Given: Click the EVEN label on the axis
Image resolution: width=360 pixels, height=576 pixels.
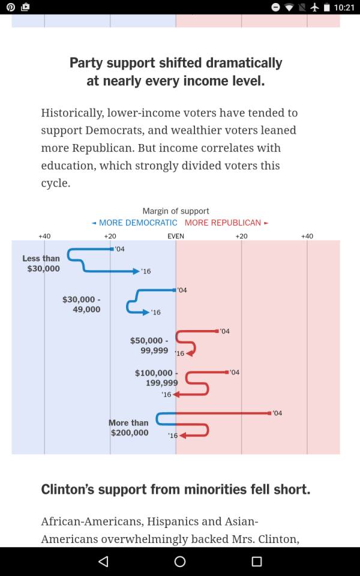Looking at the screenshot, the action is pyautogui.click(x=176, y=236).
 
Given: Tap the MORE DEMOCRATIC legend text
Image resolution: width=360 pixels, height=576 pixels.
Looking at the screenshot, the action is pyautogui.click(x=138, y=223).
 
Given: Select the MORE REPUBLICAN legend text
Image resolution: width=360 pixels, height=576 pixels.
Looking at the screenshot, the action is pyautogui.click(x=223, y=223).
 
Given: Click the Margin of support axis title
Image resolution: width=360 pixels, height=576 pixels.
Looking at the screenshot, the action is pyautogui.click(x=176, y=211).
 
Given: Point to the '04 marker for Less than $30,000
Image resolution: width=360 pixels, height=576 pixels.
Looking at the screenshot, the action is pyautogui.click(x=112, y=249).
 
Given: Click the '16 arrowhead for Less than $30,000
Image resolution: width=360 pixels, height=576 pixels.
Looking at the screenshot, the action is pyautogui.click(x=136, y=271).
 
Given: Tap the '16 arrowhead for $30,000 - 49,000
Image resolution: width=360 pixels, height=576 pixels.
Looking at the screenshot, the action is pyautogui.click(x=146, y=312).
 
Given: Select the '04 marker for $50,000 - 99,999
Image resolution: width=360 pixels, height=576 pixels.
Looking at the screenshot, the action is pyautogui.click(x=217, y=331).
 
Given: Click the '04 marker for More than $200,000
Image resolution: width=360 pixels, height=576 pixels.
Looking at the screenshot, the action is pyautogui.click(x=269, y=413).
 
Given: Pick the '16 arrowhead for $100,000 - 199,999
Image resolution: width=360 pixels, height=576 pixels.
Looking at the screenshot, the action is pyautogui.click(x=176, y=395).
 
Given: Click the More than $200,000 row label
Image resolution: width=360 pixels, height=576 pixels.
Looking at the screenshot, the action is pyautogui.click(x=128, y=428).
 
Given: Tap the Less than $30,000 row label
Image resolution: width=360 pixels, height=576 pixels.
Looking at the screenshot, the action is pyautogui.click(x=41, y=263).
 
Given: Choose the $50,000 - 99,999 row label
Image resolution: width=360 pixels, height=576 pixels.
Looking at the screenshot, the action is pyautogui.click(x=149, y=346).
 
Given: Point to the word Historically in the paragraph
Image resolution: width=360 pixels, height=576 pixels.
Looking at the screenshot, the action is pyautogui.click(x=73, y=113).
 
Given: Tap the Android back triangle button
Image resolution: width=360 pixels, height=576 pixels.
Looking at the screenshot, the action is pyautogui.click(x=104, y=562).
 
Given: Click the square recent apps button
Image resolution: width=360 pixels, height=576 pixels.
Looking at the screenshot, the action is pyautogui.click(x=256, y=562).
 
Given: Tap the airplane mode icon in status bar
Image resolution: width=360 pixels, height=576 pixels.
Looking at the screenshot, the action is pyautogui.click(x=314, y=7).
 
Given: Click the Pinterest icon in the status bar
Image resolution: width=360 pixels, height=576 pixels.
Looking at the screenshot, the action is pyautogui.click(x=11, y=7).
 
